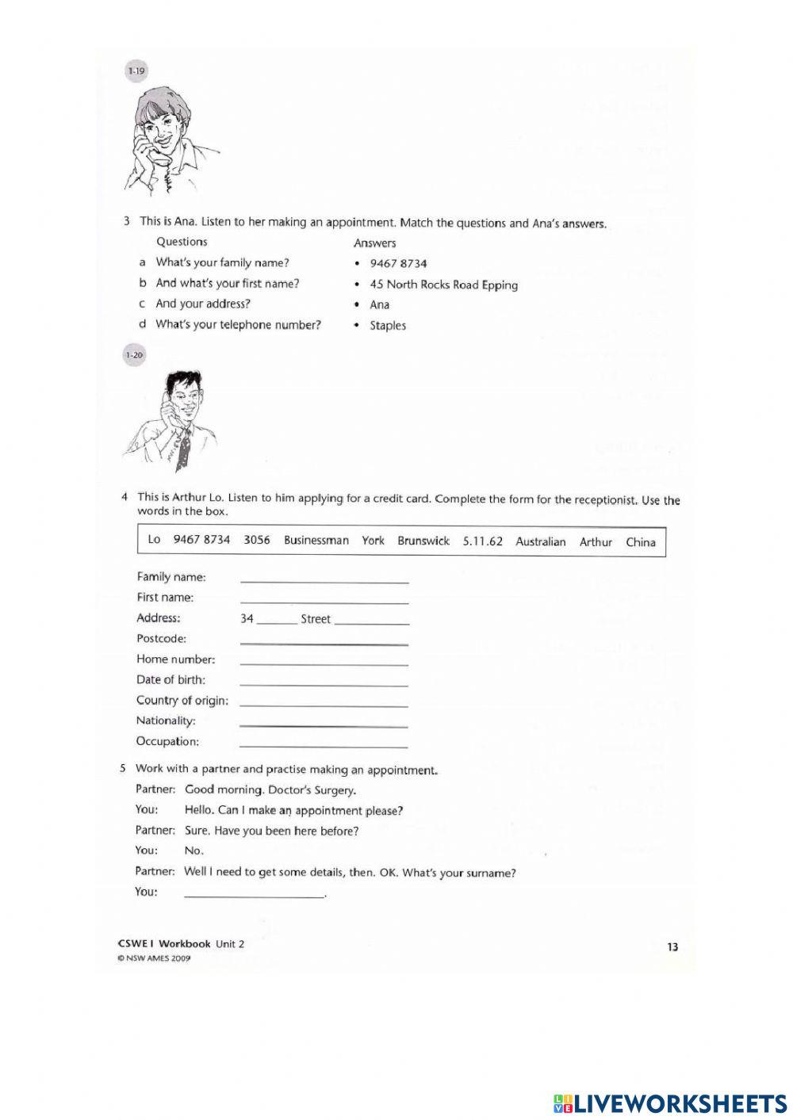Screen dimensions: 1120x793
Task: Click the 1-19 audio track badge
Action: pyautogui.click(x=136, y=71)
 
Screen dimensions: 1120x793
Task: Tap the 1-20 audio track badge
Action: pyautogui.click(x=134, y=355)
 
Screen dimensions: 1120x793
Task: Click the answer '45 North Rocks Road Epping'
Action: pyautogui.click(x=443, y=285)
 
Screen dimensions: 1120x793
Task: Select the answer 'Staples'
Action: pyautogui.click(x=387, y=326)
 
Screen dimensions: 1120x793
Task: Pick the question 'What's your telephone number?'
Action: pyautogui.click(x=238, y=324)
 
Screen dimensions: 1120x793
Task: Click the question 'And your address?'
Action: pyautogui.click(x=203, y=304)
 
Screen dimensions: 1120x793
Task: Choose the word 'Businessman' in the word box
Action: pyautogui.click(x=316, y=541)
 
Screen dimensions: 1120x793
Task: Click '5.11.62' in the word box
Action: pyautogui.click(x=482, y=541)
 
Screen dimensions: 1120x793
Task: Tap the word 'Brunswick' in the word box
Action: pyautogui.click(x=423, y=541)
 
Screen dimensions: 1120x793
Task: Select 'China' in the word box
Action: pyautogui.click(x=640, y=542)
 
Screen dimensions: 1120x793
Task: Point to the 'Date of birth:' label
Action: pyautogui.click(x=170, y=679)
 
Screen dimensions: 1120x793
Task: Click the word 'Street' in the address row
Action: pyautogui.click(x=315, y=619)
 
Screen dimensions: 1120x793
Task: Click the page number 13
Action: pyautogui.click(x=672, y=946)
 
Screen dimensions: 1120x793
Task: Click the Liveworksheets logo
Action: pyautogui.click(x=669, y=1103)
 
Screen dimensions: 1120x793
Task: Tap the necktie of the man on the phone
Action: pyautogui.click(x=183, y=449)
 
